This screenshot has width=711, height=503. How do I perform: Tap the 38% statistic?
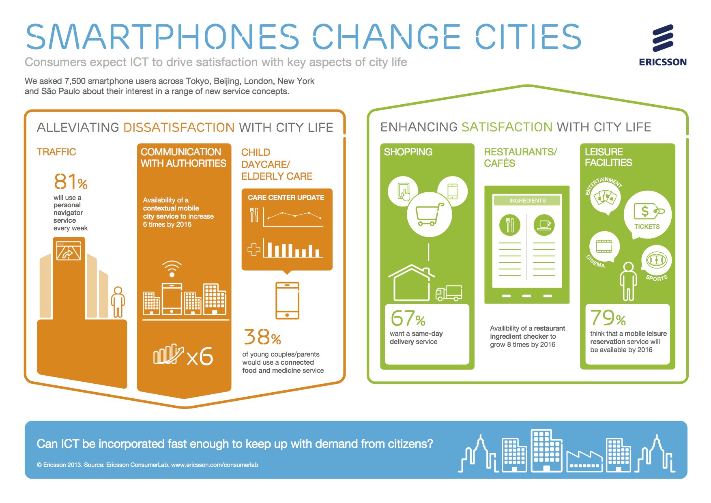tap(262, 337)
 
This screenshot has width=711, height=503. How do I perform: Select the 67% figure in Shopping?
tap(408, 318)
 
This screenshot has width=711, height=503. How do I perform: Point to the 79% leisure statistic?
tap(608, 318)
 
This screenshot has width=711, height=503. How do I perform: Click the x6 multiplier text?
tap(200, 357)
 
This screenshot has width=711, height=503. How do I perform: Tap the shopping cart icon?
tap(429, 214)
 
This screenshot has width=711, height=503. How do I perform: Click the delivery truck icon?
tap(449, 293)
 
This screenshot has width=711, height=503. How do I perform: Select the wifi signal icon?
tap(172, 268)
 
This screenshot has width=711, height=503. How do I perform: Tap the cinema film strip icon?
tap(604, 246)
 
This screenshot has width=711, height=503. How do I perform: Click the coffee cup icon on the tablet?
tap(544, 224)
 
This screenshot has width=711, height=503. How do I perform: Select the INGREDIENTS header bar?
tap(527, 200)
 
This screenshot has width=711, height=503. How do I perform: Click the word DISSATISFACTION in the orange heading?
tap(179, 127)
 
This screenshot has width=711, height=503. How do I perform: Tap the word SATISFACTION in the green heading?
tap(507, 127)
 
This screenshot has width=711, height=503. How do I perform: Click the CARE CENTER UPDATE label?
tap(286, 198)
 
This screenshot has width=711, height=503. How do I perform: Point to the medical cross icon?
tap(254, 249)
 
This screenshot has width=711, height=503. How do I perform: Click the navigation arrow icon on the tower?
tap(69, 251)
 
